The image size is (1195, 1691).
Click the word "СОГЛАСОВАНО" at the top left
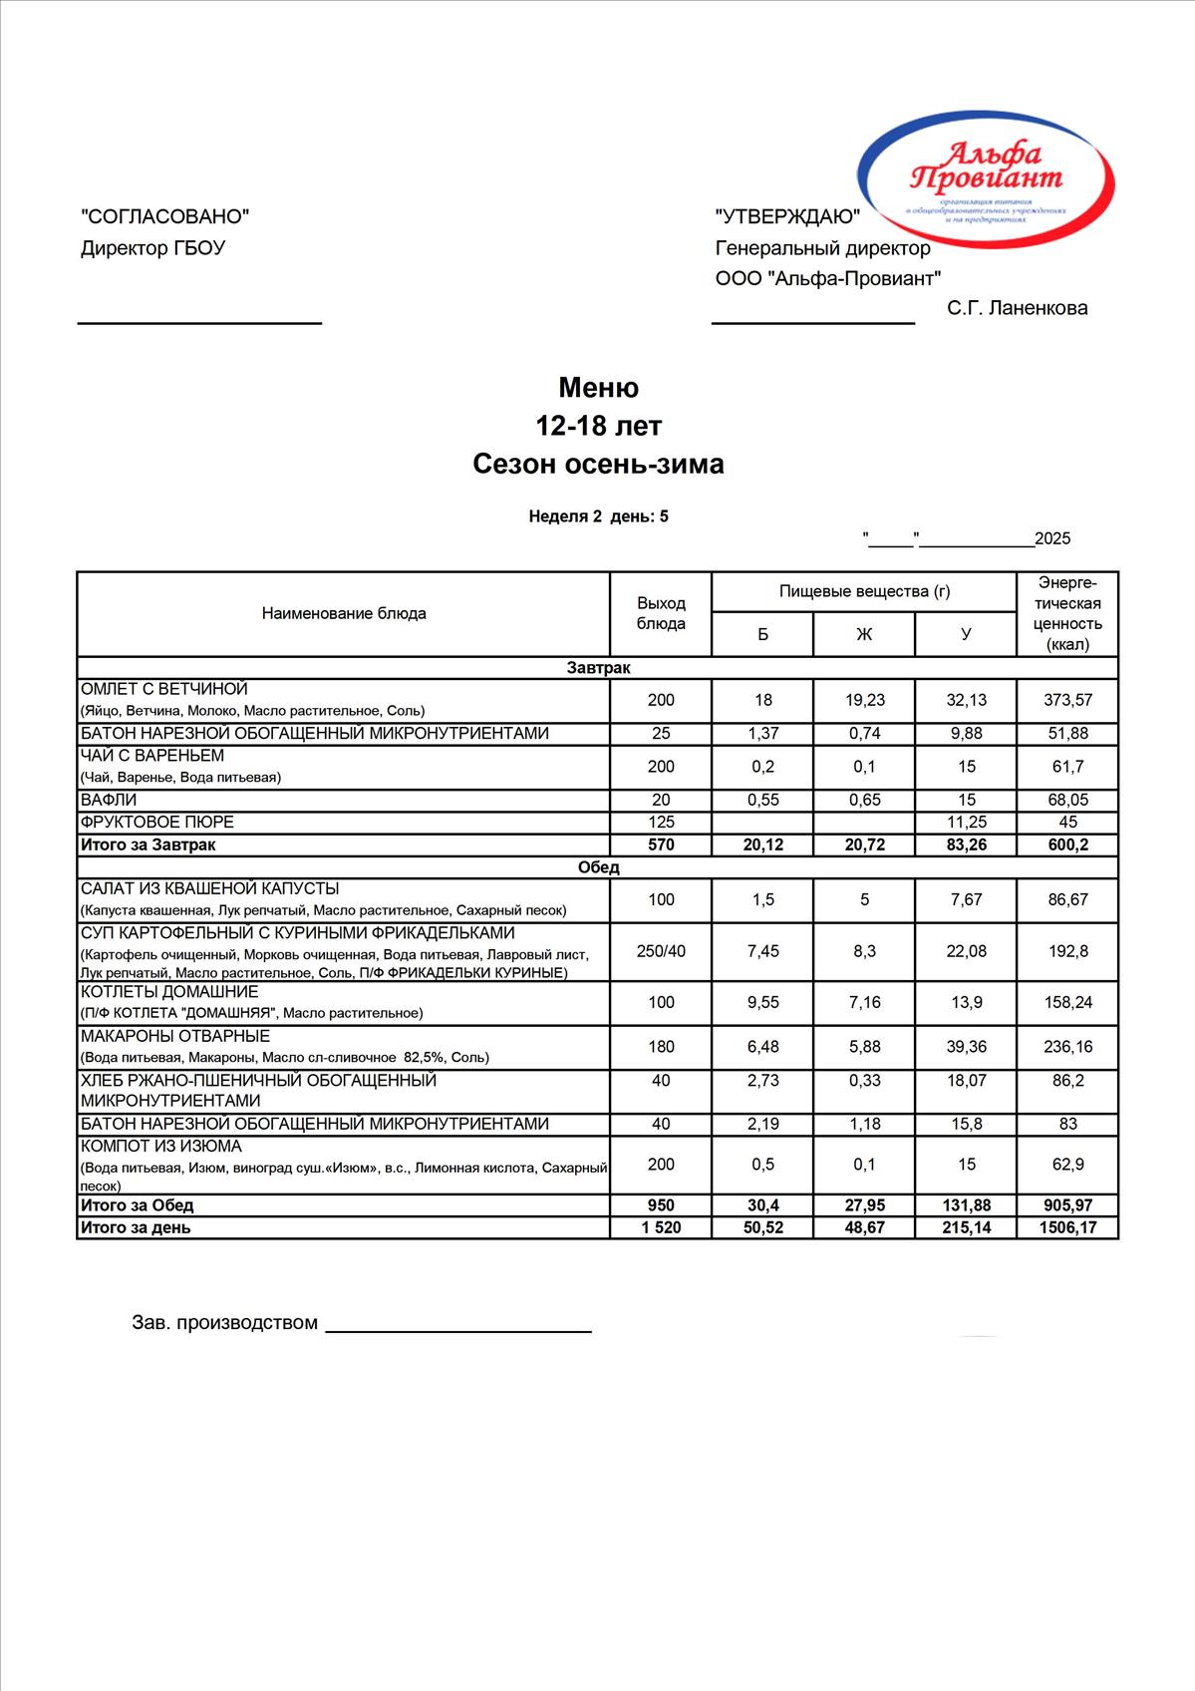pos(164,216)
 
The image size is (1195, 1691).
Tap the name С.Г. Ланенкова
pos(1017,308)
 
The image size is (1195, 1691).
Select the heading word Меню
pos(598,387)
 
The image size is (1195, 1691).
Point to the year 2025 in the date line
pos(1052,539)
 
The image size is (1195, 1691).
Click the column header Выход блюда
pos(661,613)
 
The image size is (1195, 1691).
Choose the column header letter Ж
pos(864,634)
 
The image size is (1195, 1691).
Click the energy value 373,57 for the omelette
pos(1067,700)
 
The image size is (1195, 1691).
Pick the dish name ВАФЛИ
pos(109,800)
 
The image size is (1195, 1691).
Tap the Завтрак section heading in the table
pos(598,668)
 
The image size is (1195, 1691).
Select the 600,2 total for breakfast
pos(1067,845)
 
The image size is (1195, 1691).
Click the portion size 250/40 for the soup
pos(661,951)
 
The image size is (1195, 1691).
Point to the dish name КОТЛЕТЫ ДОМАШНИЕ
pos(169,992)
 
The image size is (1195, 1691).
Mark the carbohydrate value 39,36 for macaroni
pos(966,1047)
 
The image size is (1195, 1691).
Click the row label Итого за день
pos(136,1227)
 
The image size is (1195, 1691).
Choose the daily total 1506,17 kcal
pos(1067,1227)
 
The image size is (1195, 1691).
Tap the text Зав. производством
pos(225,1323)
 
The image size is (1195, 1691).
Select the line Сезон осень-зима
pos(598,464)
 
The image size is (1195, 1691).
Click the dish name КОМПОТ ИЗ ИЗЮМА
pos(161,1147)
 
